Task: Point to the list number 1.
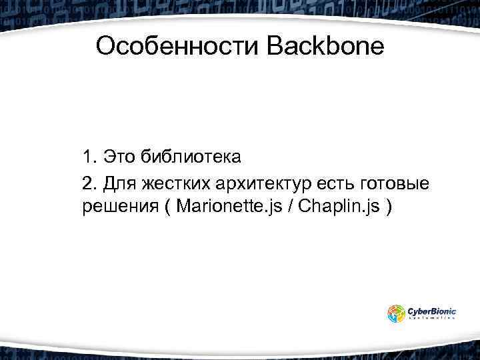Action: click(89, 158)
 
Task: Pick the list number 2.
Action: click(89, 183)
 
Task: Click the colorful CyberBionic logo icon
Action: click(396, 313)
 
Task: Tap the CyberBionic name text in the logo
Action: click(431, 310)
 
